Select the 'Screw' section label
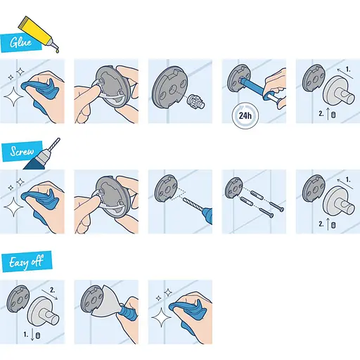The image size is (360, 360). click(22, 151)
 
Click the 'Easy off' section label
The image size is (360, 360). click(27, 262)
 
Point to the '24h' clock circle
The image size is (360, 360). click(243, 114)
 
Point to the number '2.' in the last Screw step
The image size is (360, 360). click(320, 224)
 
